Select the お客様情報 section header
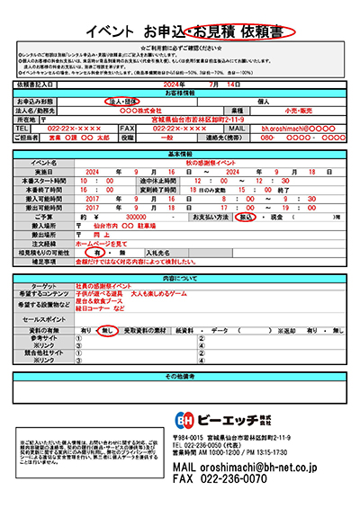click(x=180, y=92)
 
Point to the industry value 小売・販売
click(x=301, y=110)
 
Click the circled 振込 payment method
click(x=246, y=217)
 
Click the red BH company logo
click(x=185, y=420)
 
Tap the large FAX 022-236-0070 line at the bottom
click(x=220, y=481)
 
